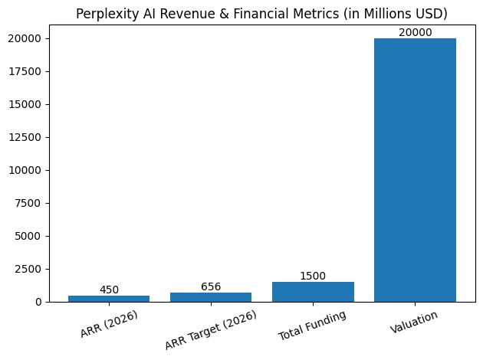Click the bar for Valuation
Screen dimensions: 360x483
415,170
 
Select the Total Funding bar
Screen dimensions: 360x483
313,292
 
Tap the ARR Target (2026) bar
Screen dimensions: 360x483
211,297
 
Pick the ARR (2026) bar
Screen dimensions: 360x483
109,299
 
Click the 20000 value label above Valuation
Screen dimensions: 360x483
415,32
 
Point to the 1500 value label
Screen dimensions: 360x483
313,276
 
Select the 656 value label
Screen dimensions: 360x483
211,286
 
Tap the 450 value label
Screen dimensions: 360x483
109,290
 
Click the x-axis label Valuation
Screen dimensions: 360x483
415,322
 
